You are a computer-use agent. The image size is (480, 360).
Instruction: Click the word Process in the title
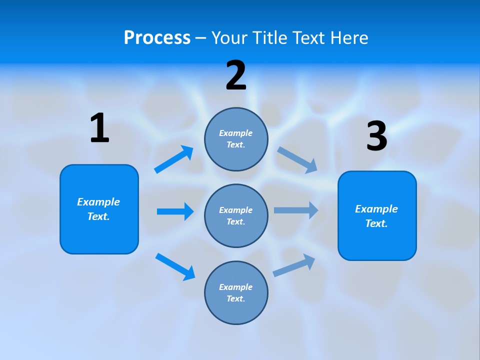tap(157, 37)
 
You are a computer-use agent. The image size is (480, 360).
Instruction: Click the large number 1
tap(99, 128)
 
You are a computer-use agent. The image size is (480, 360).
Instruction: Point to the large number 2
tap(236, 75)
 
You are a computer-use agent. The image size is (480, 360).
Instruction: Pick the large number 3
tap(377, 136)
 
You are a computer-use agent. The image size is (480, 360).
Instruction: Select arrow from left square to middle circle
tap(175, 211)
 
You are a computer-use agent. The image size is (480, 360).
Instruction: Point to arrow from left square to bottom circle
tap(175, 266)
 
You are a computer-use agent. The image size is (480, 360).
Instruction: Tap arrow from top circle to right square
tap(297, 159)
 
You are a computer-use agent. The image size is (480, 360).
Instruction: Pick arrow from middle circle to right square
tap(296, 210)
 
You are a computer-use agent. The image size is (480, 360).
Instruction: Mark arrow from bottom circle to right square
tap(294, 265)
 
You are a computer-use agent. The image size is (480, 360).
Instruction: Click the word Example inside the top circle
tap(236, 133)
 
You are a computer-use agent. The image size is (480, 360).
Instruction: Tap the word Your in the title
tap(228, 37)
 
